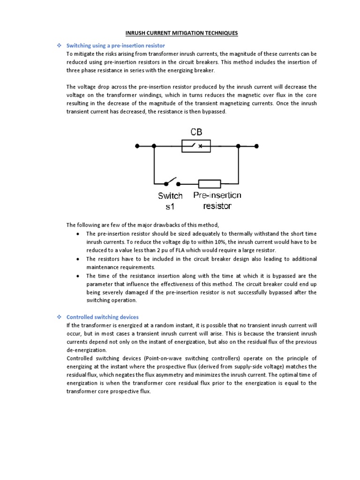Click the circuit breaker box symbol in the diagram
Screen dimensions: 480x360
click(195, 146)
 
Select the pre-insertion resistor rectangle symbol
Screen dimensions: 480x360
click(209, 183)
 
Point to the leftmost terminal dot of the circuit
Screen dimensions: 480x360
click(137, 146)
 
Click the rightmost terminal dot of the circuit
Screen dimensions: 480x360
click(256, 146)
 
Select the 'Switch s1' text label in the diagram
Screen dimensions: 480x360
click(170, 201)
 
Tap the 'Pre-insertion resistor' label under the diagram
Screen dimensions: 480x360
click(217, 200)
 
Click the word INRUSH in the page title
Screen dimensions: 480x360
click(137, 33)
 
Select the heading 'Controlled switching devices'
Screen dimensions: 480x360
click(103, 317)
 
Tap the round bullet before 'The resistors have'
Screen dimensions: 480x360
click(77, 259)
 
